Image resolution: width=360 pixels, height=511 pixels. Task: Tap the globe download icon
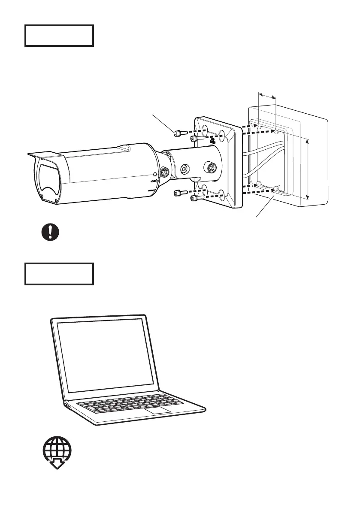click(57, 452)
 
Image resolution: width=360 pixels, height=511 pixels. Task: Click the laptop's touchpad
click(156, 411)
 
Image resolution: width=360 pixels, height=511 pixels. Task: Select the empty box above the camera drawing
click(59, 36)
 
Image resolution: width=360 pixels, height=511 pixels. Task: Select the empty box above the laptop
click(59, 274)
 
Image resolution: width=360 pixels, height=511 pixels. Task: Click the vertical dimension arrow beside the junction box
click(308, 169)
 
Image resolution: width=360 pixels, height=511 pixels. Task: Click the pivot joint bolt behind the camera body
click(164, 172)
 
